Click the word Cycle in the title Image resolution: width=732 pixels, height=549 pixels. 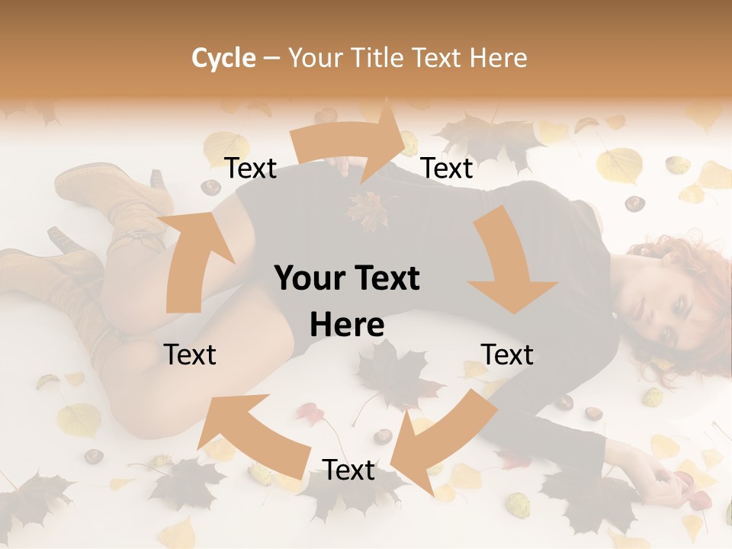223,58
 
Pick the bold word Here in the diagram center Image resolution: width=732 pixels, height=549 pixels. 347,326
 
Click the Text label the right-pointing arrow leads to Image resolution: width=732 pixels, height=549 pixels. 447,169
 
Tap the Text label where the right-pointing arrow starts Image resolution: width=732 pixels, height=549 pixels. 250,169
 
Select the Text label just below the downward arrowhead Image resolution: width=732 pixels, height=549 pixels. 506,355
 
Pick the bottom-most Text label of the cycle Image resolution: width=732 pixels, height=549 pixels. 348,470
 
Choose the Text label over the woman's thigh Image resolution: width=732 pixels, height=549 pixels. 190,355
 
